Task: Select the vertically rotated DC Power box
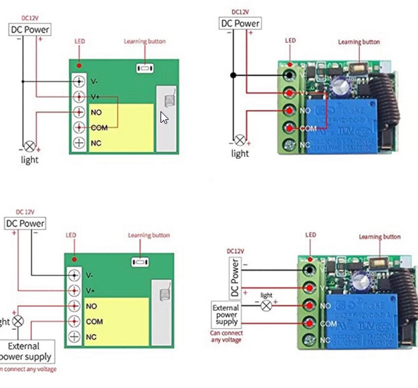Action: (234, 278)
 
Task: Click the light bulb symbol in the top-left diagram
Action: (29, 146)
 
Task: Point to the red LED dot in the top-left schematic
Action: (80, 66)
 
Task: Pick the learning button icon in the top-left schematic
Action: (144, 68)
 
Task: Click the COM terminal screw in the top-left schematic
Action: (79, 127)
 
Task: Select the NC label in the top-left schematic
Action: (96, 143)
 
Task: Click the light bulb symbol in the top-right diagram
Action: (239, 141)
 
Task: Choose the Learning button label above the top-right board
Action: (358, 42)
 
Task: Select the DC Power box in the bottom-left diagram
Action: (25, 223)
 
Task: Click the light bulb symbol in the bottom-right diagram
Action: (266, 306)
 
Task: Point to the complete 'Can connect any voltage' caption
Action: (225, 336)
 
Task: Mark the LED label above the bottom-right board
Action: (310, 235)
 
